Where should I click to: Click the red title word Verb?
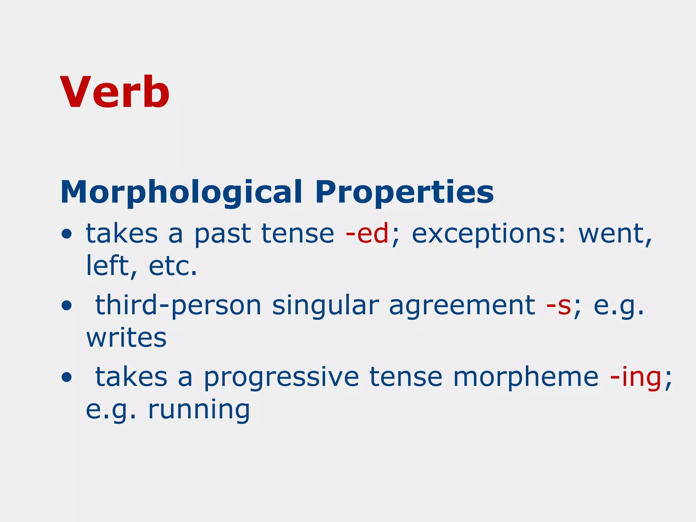115,92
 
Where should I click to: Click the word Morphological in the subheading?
181,192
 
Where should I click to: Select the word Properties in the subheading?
404,192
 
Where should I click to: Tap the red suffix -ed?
367,234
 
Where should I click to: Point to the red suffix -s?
558,305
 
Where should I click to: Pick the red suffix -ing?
636,377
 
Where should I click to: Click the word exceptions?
489,234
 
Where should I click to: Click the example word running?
199,410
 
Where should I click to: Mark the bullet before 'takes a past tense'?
67,234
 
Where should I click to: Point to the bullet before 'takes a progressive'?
67,378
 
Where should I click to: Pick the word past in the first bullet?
223,234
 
